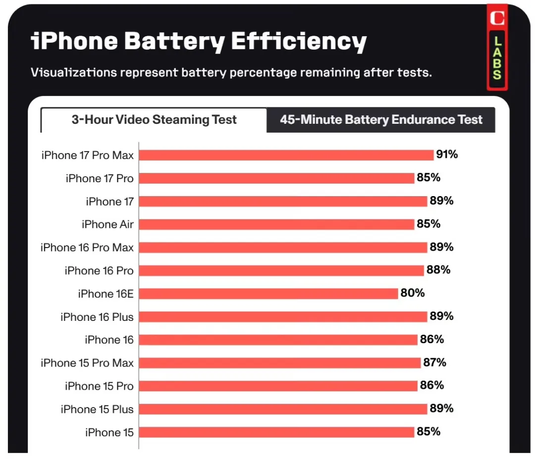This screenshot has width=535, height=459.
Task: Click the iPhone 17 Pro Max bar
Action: click(286, 155)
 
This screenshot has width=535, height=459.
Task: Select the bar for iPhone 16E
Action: click(268, 294)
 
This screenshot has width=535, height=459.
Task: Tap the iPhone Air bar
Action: click(276, 224)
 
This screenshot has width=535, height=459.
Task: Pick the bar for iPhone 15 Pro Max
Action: click(280, 363)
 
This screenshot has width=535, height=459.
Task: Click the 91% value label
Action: click(447, 154)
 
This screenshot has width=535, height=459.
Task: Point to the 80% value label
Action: click(413, 293)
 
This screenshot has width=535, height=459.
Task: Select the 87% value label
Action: click(434, 362)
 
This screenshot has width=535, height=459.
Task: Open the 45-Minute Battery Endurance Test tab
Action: click(381, 120)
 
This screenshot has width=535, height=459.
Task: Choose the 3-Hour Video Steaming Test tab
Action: click(154, 120)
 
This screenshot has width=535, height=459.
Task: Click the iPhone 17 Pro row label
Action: click(100, 178)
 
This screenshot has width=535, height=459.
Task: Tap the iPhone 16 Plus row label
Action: click(97, 317)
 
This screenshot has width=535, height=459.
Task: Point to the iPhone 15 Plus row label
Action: click(97, 409)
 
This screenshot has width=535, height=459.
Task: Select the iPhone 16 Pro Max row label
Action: click(87, 248)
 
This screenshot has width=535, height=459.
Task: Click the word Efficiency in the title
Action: click(299, 42)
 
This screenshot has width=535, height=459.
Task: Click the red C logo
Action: click(497, 18)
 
